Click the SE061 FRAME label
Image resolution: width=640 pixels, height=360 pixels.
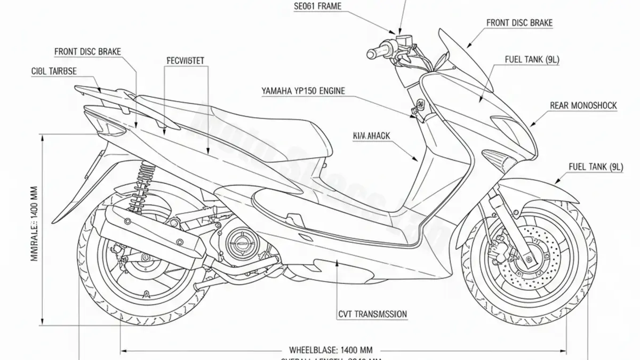(317, 7)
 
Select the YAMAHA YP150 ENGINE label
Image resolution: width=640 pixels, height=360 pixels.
(303, 91)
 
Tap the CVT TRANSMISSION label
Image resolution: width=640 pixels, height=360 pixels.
(373, 314)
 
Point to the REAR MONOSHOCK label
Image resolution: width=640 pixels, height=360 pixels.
(583, 106)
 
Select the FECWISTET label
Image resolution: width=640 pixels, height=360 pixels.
(186, 60)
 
